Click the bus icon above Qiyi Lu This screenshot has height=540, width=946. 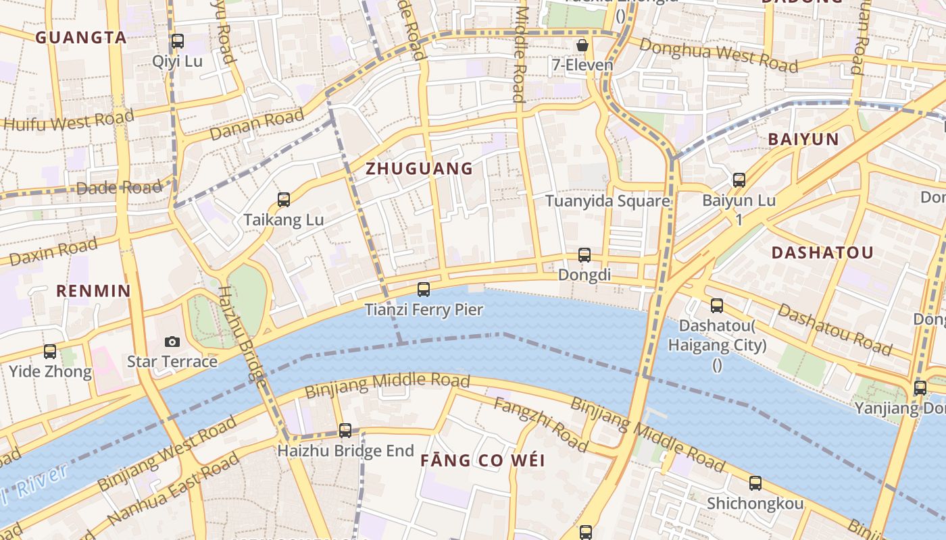(x=177, y=41)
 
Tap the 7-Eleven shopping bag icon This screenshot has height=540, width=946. (x=582, y=45)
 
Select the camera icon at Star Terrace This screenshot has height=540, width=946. (x=172, y=342)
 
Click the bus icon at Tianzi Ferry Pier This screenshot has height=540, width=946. (x=424, y=290)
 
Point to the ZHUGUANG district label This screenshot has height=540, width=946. (x=419, y=169)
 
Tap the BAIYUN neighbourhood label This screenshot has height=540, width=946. (x=803, y=140)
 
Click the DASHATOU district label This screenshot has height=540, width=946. (x=822, y=252)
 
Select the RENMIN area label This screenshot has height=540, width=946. (x=93, y=291)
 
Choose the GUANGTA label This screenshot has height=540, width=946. (x=81, y=37)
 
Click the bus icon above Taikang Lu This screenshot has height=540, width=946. (x=284, y=200)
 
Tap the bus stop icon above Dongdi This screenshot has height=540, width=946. (x=584, y=255)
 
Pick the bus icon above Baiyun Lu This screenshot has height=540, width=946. (x=739, y=180)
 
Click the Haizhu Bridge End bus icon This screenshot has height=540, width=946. (x=345, y=430)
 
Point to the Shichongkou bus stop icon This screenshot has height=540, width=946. (x=755, y=483)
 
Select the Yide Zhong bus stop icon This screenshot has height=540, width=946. (x=50, y=352)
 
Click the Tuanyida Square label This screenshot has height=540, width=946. (x=607, y=201)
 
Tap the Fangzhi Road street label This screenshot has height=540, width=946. (x=541, y=424)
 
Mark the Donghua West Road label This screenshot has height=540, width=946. (x=718, y=55)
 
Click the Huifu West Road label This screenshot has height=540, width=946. (x=69, y=120)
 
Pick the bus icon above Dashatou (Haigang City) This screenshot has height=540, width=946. (x=717, y=306)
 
